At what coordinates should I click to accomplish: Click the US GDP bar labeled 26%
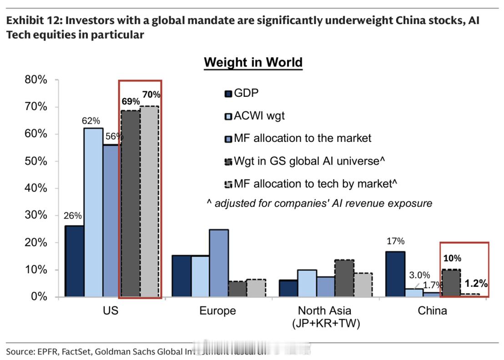[74, 261]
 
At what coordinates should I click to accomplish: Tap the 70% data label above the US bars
[151, 95]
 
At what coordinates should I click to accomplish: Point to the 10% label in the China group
[452, 258]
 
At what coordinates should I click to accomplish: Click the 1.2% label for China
[476, 284]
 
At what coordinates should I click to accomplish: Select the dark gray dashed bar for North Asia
[344, 278]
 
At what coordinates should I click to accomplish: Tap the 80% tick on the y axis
[36, 80]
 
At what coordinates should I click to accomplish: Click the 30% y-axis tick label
[36, 215]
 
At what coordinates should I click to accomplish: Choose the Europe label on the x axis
[217, 311]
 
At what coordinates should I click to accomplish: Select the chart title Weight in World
[253, 62]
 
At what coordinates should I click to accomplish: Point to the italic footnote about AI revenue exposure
[319, 203]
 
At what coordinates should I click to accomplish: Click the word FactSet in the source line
[75, 351]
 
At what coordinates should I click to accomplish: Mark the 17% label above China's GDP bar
[395, 241]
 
